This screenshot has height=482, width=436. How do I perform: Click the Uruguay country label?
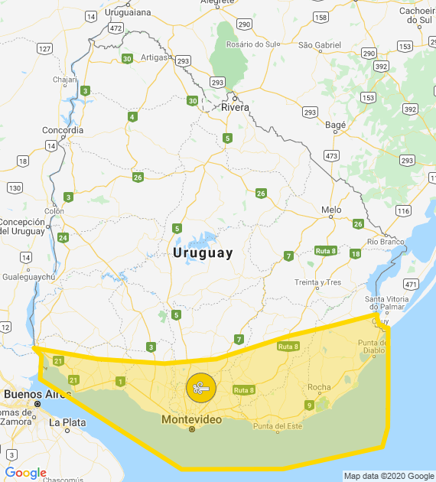(x=203, y=252)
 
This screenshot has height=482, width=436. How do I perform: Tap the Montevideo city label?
(x=191, y=420)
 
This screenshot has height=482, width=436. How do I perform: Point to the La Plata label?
(x=68, y=422)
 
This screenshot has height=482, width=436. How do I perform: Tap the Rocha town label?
(x=319, y=387)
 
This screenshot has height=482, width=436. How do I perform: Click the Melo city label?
(x=331, y=209)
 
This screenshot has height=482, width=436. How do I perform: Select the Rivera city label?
(x=235, y=107)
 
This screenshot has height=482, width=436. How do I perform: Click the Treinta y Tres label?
(x=317, y=282)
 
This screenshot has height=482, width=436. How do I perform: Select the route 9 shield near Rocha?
(x=309, y=405)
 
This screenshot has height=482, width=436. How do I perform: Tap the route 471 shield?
(x=411, y=284)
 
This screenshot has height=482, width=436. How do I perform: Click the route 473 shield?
(x=331, y=156)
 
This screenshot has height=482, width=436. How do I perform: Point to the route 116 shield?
(x=403, y=210)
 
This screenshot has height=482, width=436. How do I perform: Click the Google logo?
(x=25, y=473)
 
